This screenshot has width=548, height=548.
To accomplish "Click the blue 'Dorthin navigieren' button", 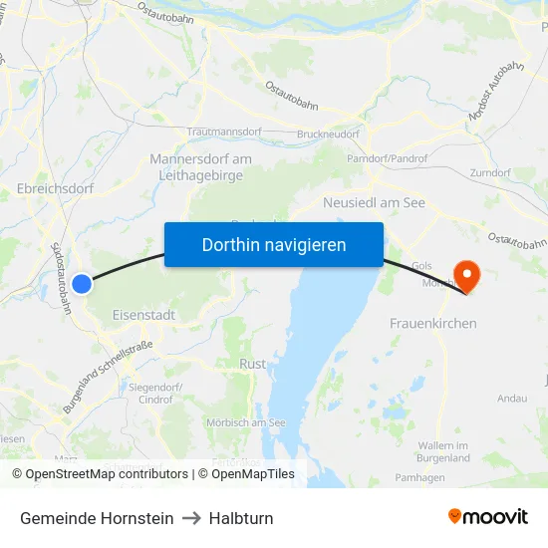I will coord(274,244).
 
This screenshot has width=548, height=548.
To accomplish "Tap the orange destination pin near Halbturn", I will coord(465,275).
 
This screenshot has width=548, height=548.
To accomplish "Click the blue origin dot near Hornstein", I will coord(82,284).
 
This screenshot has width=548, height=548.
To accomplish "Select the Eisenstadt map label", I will coord(143,315).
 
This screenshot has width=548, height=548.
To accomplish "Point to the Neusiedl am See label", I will coord(375,203).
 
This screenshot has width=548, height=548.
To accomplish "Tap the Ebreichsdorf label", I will coord(56,188).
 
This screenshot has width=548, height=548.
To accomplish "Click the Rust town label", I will coord(252,365).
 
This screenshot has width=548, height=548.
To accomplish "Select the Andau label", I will coord(512,399).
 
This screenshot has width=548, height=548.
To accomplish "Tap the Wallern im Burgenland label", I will coord(444,451).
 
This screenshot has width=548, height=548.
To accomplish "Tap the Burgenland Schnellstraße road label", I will coord(108,379).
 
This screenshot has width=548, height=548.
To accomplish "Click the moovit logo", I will coord(488,517).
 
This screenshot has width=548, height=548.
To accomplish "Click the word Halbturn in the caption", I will coord(241,518).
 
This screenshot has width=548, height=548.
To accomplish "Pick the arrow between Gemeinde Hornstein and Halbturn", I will coord(191,518).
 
